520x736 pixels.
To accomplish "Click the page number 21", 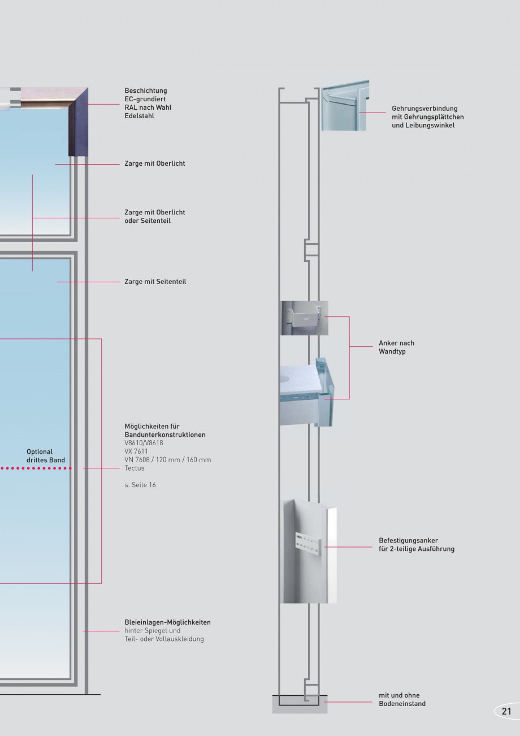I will point(506,711).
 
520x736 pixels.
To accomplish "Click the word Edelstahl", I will point(139,116).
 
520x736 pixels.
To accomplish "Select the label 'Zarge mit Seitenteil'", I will point(155,281).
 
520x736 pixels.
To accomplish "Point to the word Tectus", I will point(135,468).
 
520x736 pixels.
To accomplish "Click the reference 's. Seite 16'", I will point(140,485).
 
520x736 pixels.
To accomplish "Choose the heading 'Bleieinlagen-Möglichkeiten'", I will point(167,622).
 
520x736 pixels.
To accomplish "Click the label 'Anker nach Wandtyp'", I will point(396,347).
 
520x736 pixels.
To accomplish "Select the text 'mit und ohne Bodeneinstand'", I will point(402,699).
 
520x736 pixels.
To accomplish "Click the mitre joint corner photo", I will point(345,106).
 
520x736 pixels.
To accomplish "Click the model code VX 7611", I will point(136,451).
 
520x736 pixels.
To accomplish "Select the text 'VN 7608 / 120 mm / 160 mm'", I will point(167,460).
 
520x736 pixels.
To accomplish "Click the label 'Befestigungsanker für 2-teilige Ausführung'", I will point(416,545).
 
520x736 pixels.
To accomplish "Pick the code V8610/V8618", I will point(144,443).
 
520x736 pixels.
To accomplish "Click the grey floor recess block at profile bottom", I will point(299,704).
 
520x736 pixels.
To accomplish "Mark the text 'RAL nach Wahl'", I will point(148,107).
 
